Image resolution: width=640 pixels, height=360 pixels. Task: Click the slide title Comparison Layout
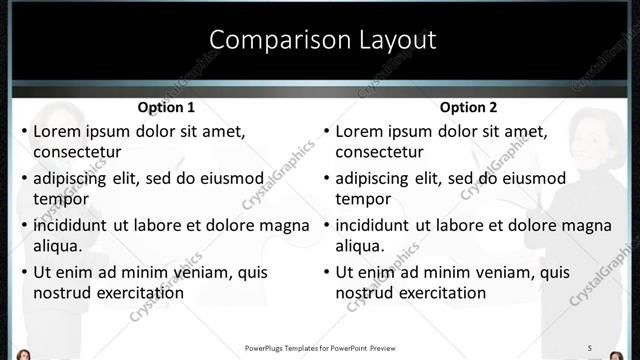(322, 40)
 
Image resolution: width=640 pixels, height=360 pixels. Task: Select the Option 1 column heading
(165, 107)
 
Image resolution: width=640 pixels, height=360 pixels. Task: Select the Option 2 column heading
(467, 107)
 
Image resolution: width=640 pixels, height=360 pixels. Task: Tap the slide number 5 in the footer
(589, 347)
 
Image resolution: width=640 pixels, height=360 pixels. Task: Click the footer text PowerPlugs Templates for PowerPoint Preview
(320, 348)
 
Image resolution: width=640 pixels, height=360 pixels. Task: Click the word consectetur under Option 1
(77, 152)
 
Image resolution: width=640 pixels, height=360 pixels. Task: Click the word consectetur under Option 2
(379, 152)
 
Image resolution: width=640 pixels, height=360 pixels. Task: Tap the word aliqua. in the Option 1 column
(58, 245)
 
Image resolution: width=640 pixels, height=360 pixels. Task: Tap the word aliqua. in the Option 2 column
(360, 245)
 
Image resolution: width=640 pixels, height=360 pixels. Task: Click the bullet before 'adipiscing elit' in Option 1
(24, 179)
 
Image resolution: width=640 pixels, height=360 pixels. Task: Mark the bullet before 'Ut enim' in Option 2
(326, 272)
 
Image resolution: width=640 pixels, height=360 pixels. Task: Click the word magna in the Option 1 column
(258, 225)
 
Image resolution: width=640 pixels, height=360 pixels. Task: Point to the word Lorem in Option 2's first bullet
(359, 131)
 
